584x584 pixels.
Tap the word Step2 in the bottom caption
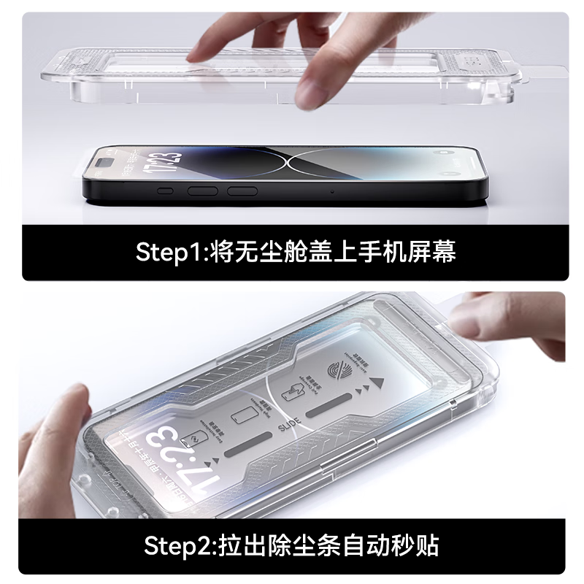(x=175, y=545)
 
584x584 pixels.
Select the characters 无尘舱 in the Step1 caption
(x=274, y=253)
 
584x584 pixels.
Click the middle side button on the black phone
(x=204, y=191)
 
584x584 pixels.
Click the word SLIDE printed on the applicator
(x=286, y=423)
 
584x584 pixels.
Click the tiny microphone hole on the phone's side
(x=333, y=191)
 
